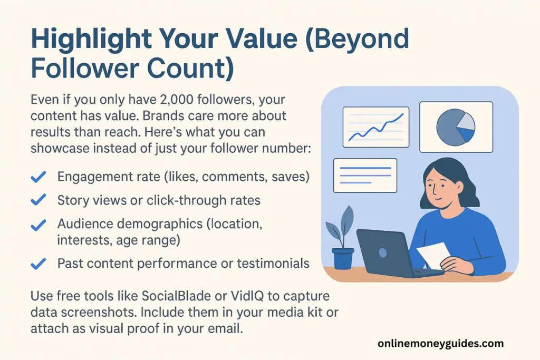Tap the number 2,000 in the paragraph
coord(175,100)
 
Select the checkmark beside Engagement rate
coord(38,177)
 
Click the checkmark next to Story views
coord(38,200)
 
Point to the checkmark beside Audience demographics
coord(38,225)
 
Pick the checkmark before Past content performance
coord(38,264)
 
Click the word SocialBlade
coord(176,296)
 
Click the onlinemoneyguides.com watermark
coord(440,344)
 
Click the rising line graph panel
coord(376,127)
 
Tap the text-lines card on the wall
coord(365,176)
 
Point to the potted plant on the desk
coord(341,238)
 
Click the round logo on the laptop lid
coord(383,253)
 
